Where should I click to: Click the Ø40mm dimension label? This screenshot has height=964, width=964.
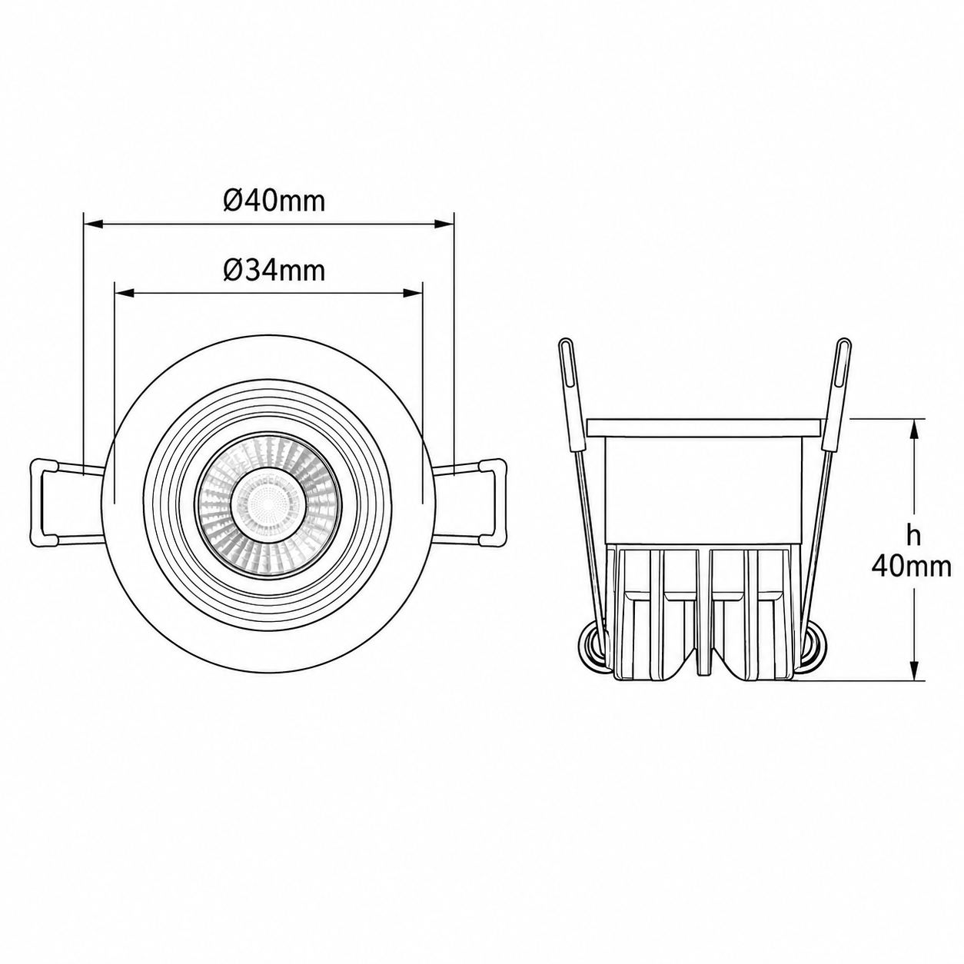274,201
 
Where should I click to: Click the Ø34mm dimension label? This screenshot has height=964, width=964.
274,271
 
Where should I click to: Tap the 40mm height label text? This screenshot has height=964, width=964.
912,567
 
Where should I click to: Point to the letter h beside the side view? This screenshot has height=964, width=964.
913,535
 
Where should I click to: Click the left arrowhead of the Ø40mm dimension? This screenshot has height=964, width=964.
93,224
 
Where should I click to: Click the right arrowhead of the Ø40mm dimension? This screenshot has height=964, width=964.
444,224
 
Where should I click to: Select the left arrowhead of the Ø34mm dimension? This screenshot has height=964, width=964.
125,293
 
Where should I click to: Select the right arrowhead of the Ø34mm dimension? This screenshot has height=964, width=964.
414,293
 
